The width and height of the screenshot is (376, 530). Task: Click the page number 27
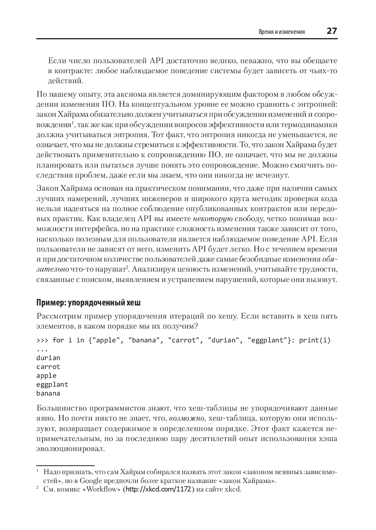332,31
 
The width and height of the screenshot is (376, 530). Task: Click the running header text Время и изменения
281,32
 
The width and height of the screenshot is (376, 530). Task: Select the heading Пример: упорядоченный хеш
91,302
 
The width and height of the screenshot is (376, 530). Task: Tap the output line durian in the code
48,358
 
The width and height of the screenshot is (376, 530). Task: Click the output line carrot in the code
48,367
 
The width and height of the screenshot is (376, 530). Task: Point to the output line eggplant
52,384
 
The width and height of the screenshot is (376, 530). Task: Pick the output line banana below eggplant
48,393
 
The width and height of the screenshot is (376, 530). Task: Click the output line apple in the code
46,376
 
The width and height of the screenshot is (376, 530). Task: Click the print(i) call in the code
315,340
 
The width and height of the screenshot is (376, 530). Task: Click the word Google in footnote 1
91,481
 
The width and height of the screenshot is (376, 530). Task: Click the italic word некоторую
212,219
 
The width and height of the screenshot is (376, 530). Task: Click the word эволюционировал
70,449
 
